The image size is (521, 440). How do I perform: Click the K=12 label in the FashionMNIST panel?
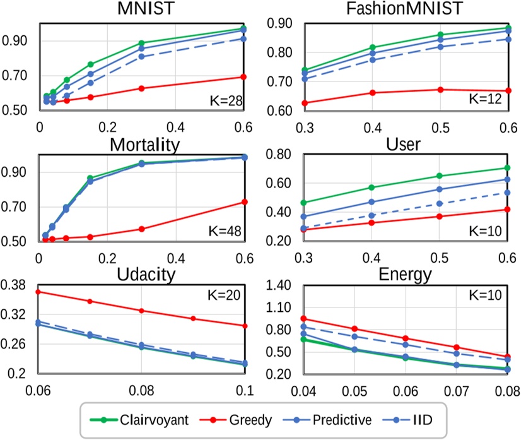(x=486, y=99)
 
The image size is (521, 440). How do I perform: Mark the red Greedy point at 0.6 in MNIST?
(x=244, y=77)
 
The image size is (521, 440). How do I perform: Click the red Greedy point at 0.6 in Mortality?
(x=244, y=202)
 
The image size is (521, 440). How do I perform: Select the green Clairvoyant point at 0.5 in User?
(x=440, y=175)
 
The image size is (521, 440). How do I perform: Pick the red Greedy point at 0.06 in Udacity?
(x=38, y=292)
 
